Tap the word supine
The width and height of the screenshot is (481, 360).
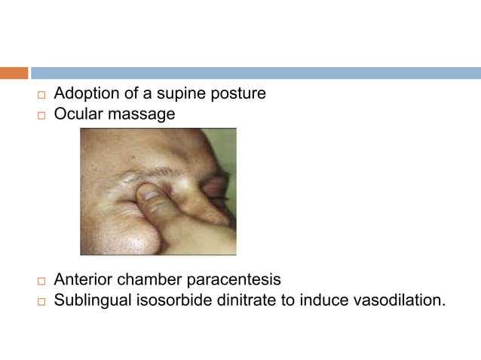(182, 95)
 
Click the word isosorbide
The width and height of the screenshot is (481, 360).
(171, 301)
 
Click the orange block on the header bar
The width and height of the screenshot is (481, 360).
(14, 73)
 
